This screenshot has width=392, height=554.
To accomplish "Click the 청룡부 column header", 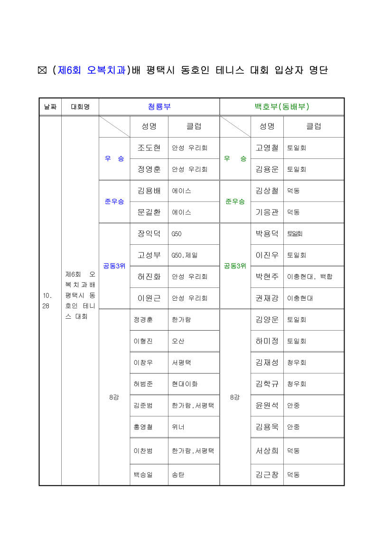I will click(159, 107).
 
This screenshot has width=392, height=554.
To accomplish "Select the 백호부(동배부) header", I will click(282, 107).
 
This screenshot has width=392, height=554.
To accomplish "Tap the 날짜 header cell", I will click(50, 107).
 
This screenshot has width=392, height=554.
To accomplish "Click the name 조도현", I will click(149, 148).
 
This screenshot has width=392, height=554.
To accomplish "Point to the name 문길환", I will click(149, 212).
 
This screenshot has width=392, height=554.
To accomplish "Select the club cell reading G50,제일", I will click(185, 255).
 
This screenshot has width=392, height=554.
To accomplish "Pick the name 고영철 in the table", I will click(267, 148).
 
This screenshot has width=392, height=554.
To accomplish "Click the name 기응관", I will click(267, 212).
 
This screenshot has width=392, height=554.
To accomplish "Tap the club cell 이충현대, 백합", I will click(309, 277).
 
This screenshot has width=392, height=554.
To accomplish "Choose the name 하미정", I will click(267, 341).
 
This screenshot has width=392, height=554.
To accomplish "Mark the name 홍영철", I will click(143, 427).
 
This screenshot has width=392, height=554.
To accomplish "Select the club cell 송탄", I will click(178, 474).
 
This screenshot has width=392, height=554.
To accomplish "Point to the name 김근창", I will click(267, 474).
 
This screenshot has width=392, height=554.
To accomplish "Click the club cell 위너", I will click(178, 427).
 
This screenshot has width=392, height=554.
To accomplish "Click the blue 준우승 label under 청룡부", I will click(114, 202).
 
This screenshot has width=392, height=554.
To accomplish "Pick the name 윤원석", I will click(267, 406).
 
